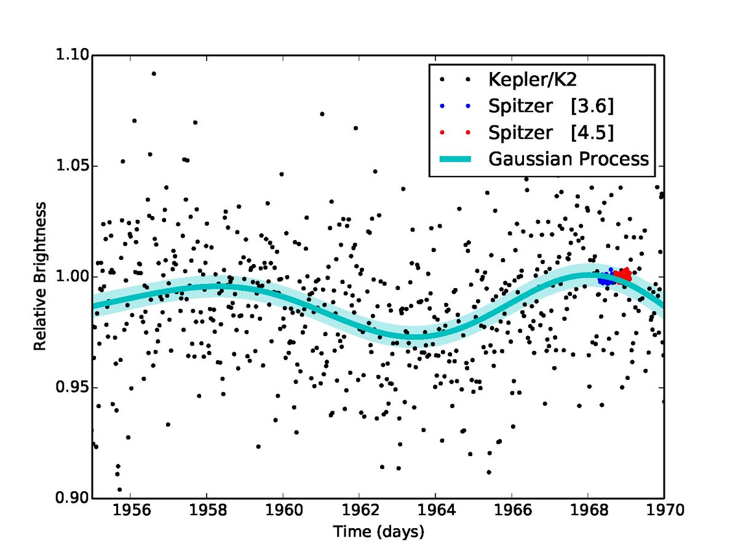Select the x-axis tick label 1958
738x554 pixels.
pos(207,511)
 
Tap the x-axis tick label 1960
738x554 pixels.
pos(283,511)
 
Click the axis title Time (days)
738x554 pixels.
pos(379,532)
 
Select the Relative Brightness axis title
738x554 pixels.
pos(40,277)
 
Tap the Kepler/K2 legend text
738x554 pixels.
pos(533,79)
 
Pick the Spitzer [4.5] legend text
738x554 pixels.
pos(551,132)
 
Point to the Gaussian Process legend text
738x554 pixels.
pos(568,159)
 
